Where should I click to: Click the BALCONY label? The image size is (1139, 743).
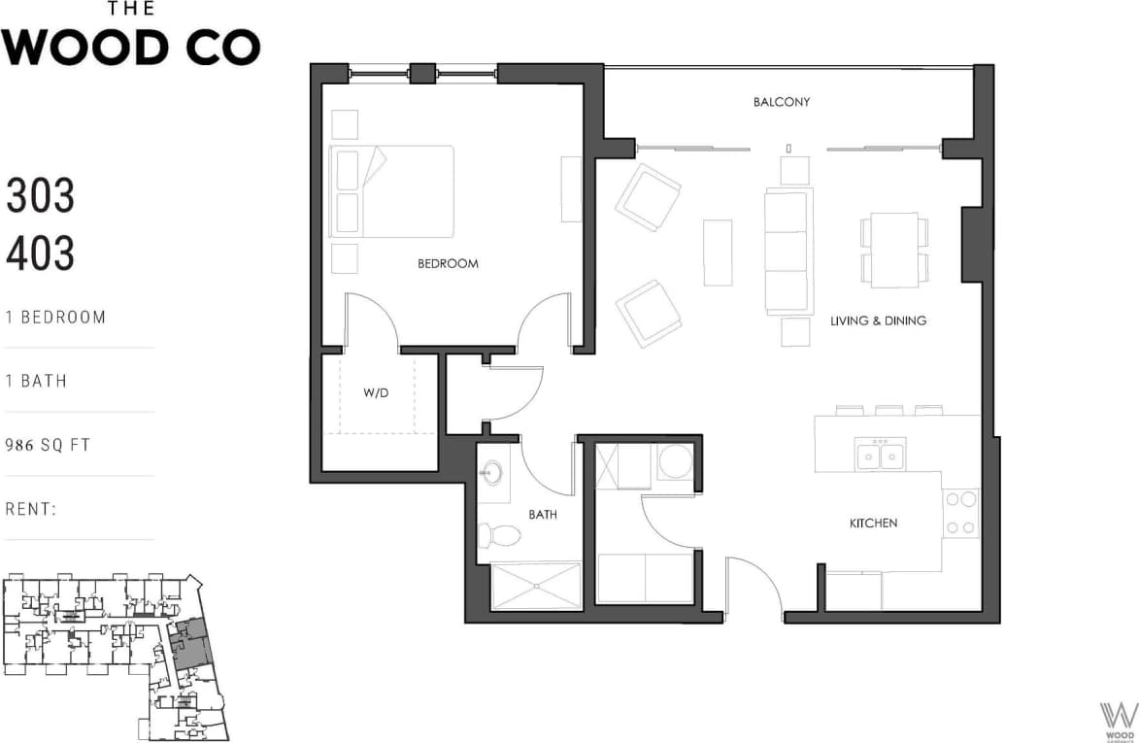pos(781,102)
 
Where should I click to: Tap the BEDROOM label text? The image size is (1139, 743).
pos(448,263)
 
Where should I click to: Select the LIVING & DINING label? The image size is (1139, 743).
pos(877,321)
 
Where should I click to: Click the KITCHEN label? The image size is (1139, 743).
pos(873,523)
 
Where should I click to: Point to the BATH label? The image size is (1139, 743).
pos(543,514)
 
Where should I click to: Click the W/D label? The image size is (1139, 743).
pos(376,394)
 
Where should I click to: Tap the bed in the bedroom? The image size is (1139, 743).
pos(392,191)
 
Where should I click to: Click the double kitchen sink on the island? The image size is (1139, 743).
pos(880,455)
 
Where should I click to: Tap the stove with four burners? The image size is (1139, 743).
pos(961,514)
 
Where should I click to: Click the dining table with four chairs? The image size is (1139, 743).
pos(894,250)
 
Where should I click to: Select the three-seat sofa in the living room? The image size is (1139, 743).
pos(787,252)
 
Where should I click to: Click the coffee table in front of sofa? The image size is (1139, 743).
pos(718,253)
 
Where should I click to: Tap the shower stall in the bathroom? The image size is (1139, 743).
pos(536,586)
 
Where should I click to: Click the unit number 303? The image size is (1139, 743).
pos(40,197)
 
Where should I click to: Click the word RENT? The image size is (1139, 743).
pos(32,509)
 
